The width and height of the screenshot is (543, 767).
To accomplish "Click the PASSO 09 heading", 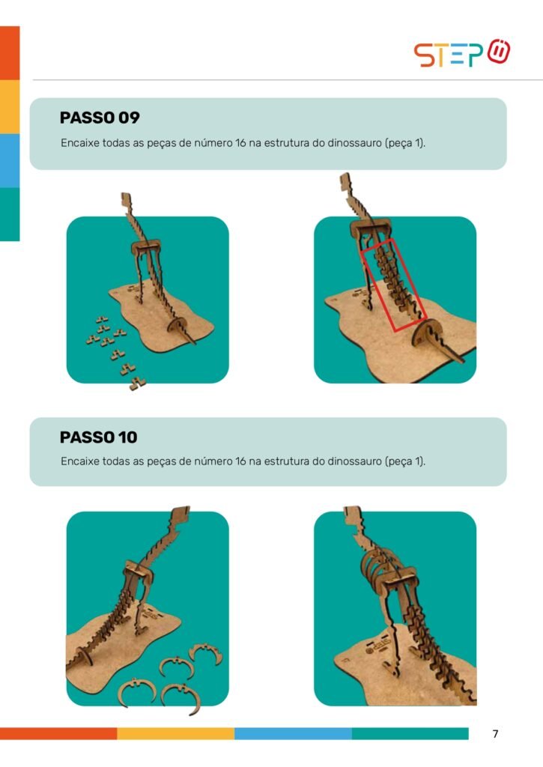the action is [x=100, y=118].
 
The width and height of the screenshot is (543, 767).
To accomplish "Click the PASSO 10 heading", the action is [x=98, y=437].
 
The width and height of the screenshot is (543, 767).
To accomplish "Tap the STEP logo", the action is [x=462, y=53].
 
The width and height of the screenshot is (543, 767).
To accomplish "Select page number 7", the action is [x=495, y=733].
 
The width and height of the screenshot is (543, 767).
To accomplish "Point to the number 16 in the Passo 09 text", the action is [x=240, y=143].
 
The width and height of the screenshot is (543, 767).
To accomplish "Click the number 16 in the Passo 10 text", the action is [x=240, y=461].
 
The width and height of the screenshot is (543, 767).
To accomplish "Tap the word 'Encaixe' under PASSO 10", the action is [x=79, y=461].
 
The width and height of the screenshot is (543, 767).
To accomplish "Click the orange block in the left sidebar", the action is [x=10, y=53].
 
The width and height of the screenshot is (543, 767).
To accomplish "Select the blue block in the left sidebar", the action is [x=10, y=160].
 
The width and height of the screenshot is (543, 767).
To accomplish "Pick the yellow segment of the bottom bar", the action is [x=175, y=733].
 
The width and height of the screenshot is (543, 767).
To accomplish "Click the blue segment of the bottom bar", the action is [x=293, y=733].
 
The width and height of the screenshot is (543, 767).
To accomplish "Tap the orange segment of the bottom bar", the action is [x=58, y=733].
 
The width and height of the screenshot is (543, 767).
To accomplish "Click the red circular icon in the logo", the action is [x=499, y=51].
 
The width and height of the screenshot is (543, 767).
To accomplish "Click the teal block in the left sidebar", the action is [x=10, y=214].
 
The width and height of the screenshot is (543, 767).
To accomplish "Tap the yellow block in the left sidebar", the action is [x=10, y=106].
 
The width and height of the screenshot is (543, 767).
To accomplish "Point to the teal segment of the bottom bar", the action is [x=410, y=733].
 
